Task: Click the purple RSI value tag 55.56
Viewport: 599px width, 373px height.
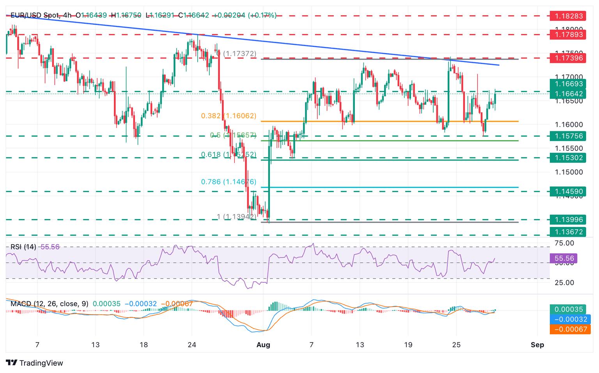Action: point(564,259)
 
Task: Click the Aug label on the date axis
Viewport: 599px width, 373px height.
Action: point(263,345)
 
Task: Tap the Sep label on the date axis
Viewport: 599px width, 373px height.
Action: point(537,345)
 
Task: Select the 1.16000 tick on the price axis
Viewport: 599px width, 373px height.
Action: point(569,125)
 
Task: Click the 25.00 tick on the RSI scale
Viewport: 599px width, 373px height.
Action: point(564,282)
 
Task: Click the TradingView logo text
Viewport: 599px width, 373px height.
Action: point(41,363)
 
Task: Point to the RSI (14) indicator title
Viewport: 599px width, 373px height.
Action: point(23,247)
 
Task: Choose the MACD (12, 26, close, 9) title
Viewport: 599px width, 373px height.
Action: point(50,304)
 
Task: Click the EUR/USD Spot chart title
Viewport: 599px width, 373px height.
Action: point(35,15)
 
